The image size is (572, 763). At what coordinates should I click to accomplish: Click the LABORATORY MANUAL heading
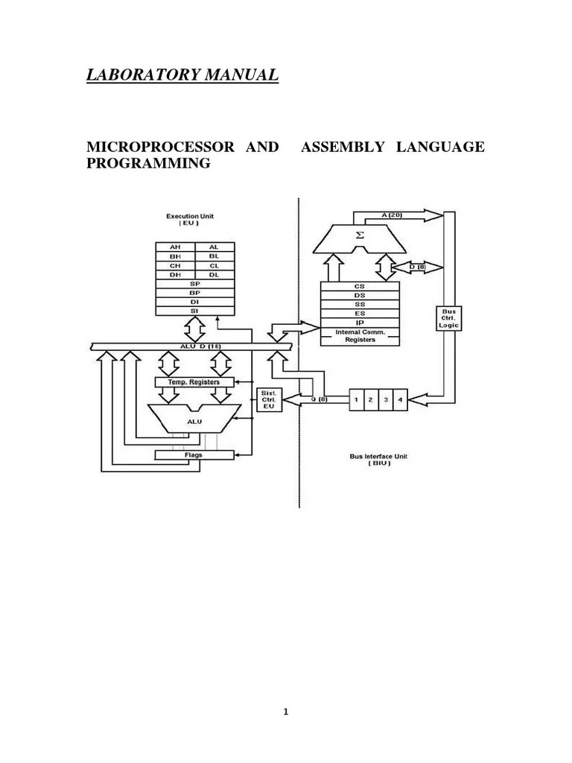tap(183, 75)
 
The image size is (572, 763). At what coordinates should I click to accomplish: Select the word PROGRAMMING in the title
tap(149, 163)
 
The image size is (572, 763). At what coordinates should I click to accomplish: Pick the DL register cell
tap(214, 274)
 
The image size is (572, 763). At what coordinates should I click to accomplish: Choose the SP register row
tap(194, 284)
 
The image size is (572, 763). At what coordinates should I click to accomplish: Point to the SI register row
tap(194, 312)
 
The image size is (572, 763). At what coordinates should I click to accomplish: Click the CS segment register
tap(360, 285)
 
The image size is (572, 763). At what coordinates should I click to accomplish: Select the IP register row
tap(360, 323)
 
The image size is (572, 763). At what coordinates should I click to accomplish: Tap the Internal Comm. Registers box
tap(360, 336)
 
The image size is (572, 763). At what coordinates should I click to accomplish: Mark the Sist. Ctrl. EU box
tap(266, 399)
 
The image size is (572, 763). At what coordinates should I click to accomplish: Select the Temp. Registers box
tap(194, 381)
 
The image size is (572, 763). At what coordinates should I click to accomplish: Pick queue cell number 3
tap(384, 399)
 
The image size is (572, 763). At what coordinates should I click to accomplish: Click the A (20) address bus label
tap(390, 215)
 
